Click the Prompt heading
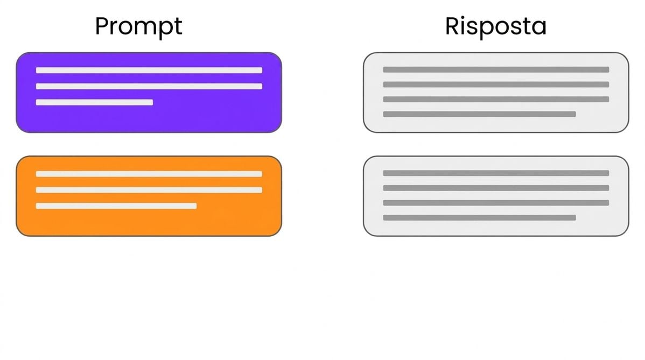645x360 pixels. [x=138, y=27]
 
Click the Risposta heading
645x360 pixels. [x=496, y=27]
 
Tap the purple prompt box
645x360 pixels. [x=149, y=93]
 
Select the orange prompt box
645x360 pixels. [x=149, y=196]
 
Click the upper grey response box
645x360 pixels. [x=496, y=93]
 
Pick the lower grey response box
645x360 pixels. [x=496, y=196]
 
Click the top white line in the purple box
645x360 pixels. [x=149, y=70]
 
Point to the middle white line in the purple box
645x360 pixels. [x=149, y=86]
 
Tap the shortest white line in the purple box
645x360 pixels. [x=94, y=102]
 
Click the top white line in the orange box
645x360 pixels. [x=149, y=174]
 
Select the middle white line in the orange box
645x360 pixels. [x=149, y=190]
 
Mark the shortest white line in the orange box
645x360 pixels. [x=116, y=206]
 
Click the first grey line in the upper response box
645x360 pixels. [x=496, y=69]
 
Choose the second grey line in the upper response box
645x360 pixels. [x=496, y=84]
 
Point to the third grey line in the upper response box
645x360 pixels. [x=496, y=99]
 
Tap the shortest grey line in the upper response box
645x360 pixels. [x=479, y=114]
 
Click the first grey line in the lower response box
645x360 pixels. [x=496, y=173]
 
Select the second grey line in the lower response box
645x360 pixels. [x=496, y=188]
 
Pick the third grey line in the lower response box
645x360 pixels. [x=496, y=203]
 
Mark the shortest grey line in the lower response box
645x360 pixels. [x=479, y=217]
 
